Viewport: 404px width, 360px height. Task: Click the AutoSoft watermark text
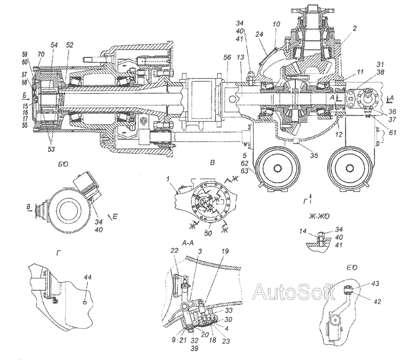tap(294, 293)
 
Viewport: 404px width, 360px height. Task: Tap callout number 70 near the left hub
tap(41, 54)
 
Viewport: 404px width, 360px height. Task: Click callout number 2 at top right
tap(355, 28)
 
